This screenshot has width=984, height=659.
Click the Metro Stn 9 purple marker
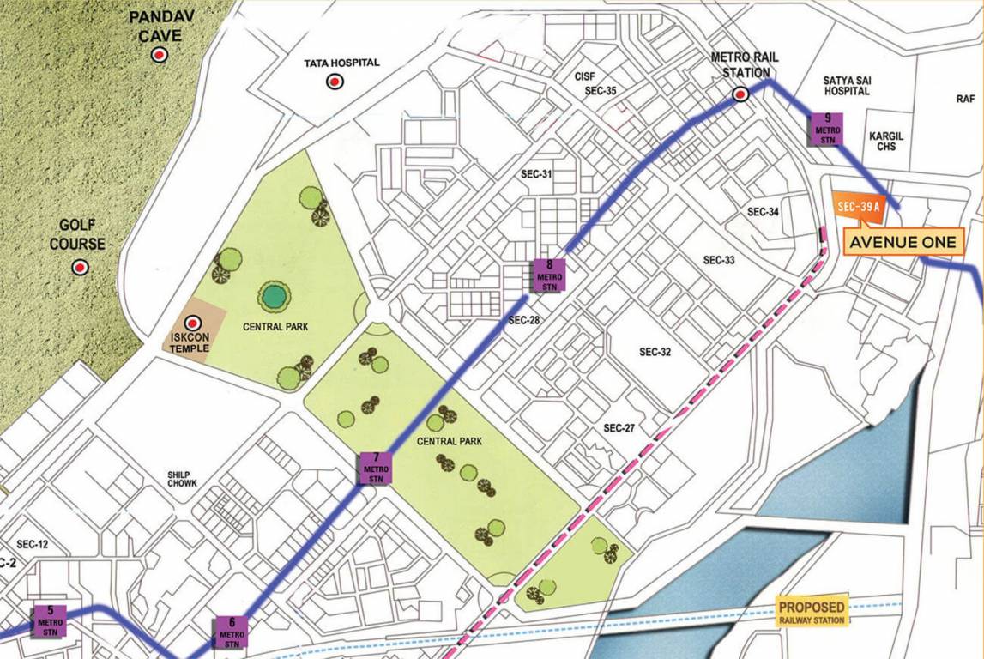(x=827, y=129)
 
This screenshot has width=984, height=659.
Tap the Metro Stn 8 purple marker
(x=548, y=275)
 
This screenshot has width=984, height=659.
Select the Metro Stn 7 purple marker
(x=375, y=469)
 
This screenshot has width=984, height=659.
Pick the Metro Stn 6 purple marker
(x=232, y=632)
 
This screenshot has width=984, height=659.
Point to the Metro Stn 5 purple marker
(x=51, y=621)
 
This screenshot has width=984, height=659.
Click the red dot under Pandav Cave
(x=159, y=55)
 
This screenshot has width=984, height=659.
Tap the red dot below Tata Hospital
(x=335, y=82)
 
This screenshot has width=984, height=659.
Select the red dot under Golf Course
(x=80, y=268)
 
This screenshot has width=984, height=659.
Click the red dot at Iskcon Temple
(x=193, y=323)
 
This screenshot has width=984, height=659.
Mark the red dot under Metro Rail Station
(x=742, y=96)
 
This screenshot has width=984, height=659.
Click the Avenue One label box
(x=902, y=243)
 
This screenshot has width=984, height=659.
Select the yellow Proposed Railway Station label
(x=811, y=609)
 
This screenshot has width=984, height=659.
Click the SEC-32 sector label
(x=655, y=352)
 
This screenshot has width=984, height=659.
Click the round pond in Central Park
(x=274, y=297)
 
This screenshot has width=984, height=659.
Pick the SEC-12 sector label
(x=32, y=545)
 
